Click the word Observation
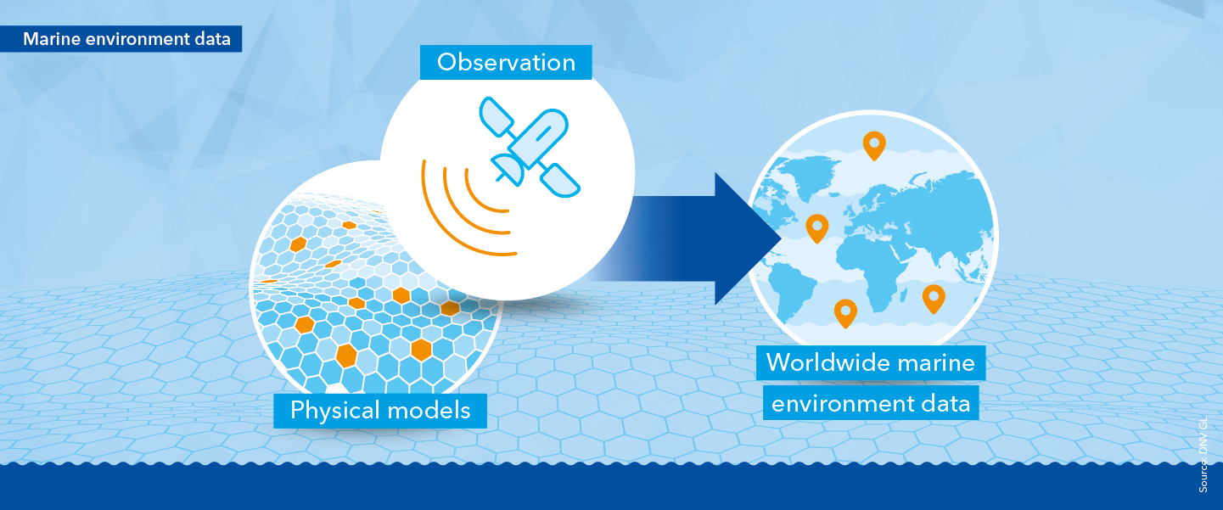pos(506,62)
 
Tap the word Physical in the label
pos(332,411)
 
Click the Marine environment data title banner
pos(126,39)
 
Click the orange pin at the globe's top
pos(872,145)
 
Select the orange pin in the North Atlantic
pos(816,227)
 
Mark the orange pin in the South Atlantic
pos(844,312)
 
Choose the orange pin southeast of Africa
pos(934,298)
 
